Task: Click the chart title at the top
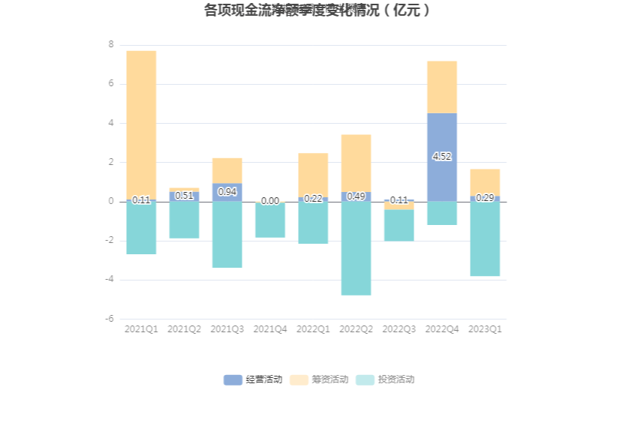pos(318,10)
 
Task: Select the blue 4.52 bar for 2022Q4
pos(441,135)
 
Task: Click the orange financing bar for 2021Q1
pos(141,124)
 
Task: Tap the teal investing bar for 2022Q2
pos(356,248)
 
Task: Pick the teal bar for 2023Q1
pos(485,238)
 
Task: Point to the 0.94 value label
pos(227,192)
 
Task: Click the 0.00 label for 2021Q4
pos(270,201)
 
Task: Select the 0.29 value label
pos(485,198)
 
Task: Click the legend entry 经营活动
pos(253,379)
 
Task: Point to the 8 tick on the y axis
pos(111,45)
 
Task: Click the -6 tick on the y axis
pos(110,319)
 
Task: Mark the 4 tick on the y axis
pos(111,123)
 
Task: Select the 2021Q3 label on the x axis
pos(227,329)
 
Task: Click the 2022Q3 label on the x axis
pos(399,329)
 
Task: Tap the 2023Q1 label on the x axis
pos(485,329)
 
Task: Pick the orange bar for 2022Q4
pos(441,87)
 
